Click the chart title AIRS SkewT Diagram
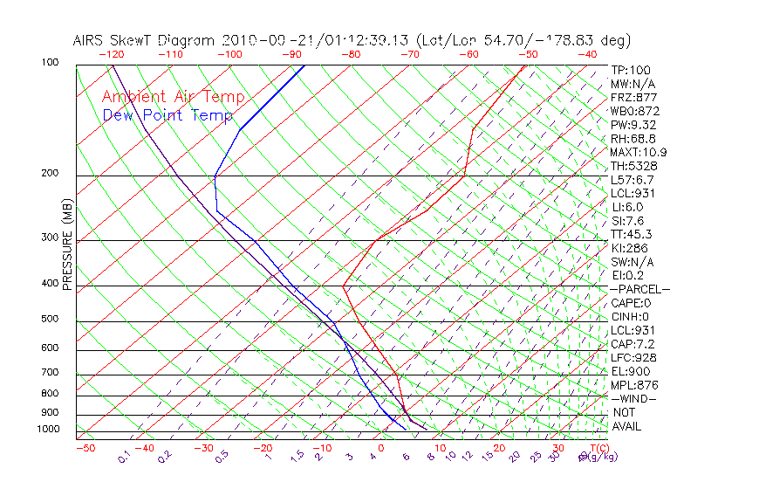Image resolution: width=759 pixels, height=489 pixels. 145,41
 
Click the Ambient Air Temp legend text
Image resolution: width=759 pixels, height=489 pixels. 173,98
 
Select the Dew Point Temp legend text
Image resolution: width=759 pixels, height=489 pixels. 168,115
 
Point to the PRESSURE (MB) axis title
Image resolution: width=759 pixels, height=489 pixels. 67,244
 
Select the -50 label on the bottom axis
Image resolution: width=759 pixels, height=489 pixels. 85,448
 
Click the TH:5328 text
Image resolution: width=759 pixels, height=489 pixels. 632,166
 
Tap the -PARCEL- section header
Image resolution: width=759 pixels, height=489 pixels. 639,289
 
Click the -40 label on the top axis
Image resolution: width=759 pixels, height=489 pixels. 588,54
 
